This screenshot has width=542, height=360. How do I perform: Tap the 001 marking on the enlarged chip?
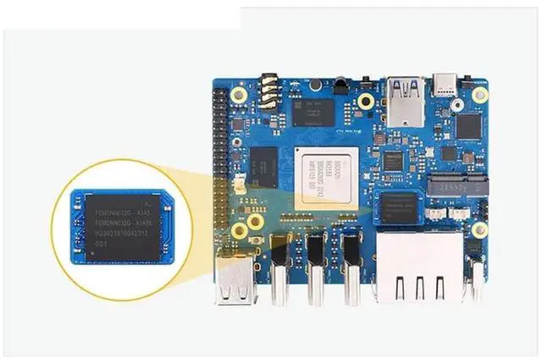click(x=101, y=254)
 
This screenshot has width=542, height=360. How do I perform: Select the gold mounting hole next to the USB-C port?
click(x=478, y=94)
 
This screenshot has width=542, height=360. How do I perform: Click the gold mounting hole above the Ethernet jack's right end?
click(x=479, y=230)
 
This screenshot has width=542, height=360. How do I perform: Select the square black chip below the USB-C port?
click(x=467, y=127)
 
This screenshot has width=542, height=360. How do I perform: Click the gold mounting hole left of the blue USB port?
click(x=366, y=102)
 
